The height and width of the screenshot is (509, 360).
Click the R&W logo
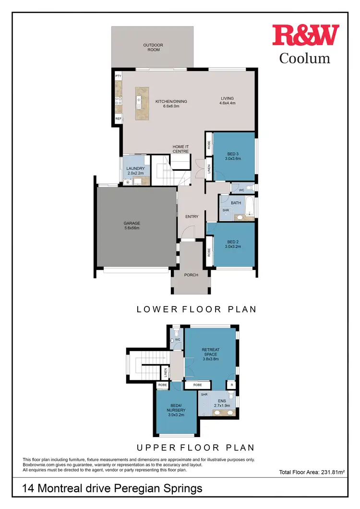(x=305, y=36)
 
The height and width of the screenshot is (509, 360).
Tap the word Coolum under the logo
(x=305, y=59)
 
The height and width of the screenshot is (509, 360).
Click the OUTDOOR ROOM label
(x=153, y=47)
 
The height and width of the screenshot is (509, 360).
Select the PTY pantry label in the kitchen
(x=118, y=76)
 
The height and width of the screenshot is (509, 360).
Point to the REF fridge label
(x=118, y=118)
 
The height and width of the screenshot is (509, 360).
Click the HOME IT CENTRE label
(x=180, y=149)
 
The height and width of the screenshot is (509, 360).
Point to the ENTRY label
(x=192, y=217)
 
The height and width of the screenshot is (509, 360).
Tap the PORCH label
(x=192, y=275)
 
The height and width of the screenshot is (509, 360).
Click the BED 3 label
(x=233, y=156)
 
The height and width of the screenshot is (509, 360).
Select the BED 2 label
(x=233, y=244)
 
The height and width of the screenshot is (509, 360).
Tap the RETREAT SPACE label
(x=210, y=354)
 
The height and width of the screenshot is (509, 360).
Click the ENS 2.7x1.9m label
(x=221, y=403)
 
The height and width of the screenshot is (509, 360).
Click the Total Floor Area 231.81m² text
(x=312, y=473)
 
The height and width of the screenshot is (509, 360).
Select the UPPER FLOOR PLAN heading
(x=195, y=448)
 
